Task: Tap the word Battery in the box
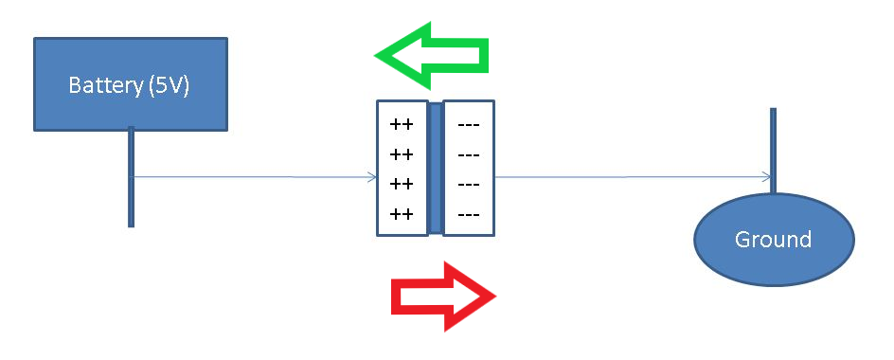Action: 105,85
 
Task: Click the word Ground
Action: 774,239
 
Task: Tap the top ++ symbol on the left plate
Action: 402,124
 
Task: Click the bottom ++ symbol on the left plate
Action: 402,213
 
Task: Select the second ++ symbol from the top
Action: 402,153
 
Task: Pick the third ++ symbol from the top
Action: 402,183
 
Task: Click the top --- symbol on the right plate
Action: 468,124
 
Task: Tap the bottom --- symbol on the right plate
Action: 468,213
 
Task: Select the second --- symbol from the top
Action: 468,153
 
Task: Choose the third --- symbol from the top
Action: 468,183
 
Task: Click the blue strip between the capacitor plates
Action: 435,168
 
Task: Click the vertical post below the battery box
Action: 131,189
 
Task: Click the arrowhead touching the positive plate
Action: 372,176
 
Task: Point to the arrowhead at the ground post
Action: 765,176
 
